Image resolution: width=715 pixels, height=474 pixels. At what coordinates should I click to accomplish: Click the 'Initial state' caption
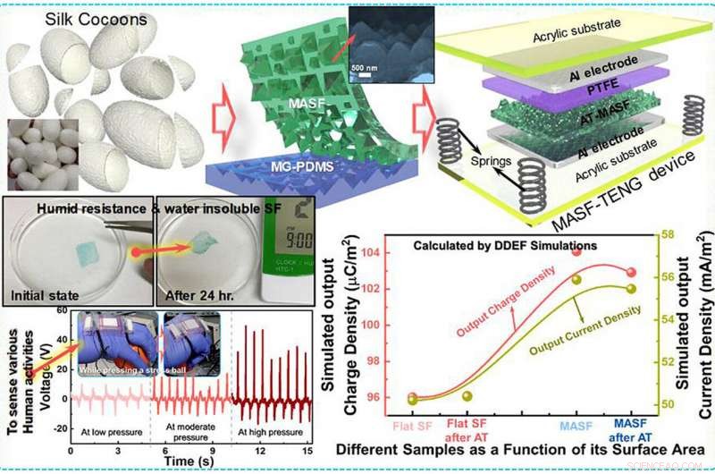46,292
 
